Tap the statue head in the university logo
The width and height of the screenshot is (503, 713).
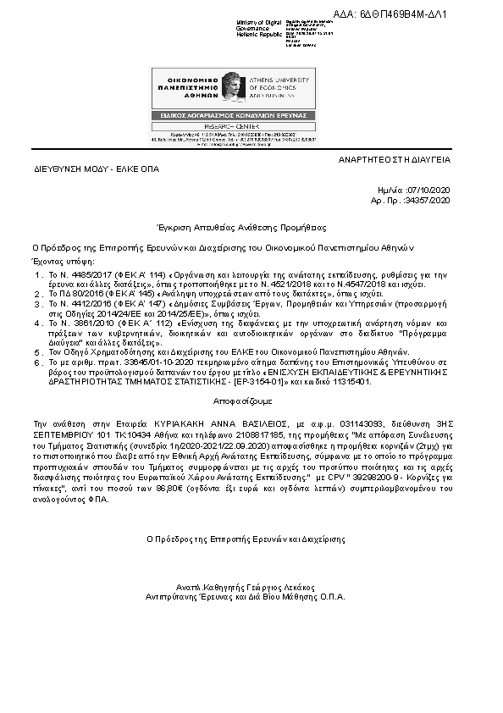(x=230, y=85)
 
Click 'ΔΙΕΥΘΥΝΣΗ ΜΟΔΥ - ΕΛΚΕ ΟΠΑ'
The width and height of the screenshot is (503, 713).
(x=97, y=169)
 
